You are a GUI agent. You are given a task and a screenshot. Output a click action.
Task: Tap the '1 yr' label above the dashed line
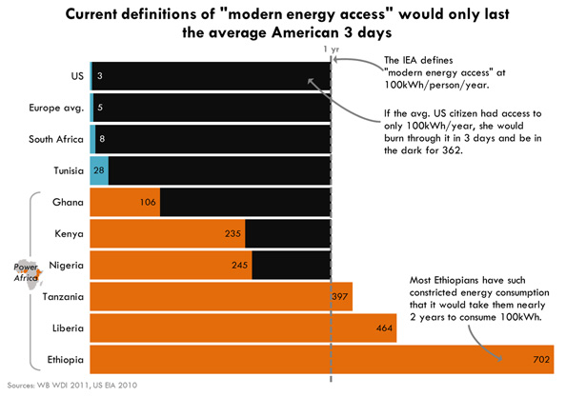[x=331, y=50]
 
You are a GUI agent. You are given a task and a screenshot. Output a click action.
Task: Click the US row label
[x=77, y=75]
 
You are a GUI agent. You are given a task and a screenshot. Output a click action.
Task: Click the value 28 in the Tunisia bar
[x=99, y=170]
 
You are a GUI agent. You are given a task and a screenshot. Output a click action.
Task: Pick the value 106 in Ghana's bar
[x=147, y=203]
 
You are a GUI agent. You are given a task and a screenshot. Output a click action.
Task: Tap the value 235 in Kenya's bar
[x=232, y=234]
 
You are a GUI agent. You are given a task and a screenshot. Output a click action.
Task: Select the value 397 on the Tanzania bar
[x=339, y=298]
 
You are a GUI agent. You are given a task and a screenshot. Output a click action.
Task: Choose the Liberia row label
[x=67, y=329]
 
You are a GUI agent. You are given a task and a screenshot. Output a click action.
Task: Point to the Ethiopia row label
[x=64, y=361]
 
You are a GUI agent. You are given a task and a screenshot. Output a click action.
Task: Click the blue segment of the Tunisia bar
[x=98, y=170]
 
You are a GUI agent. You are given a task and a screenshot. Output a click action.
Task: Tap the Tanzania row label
[x=63, y=298]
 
